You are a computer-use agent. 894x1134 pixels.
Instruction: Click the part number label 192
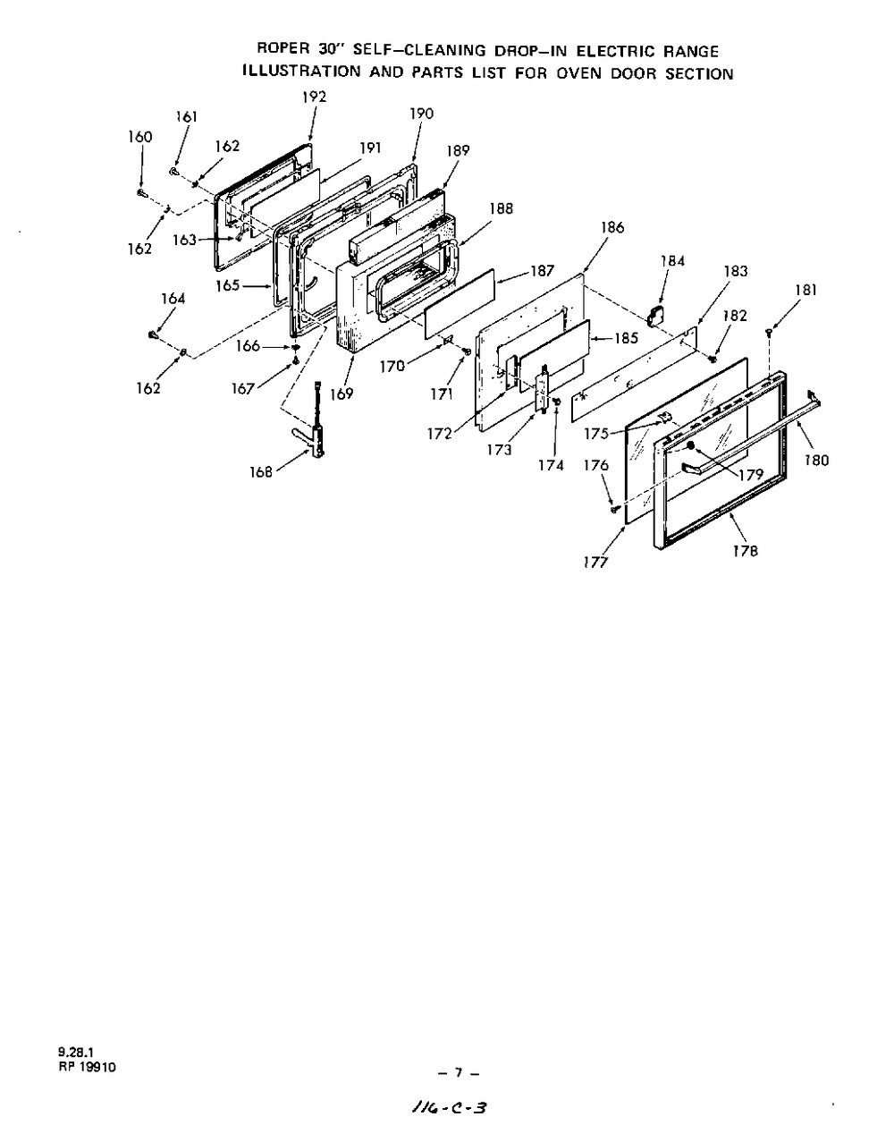pos(314,97)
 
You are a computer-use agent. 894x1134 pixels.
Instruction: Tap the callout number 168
pos(260,472)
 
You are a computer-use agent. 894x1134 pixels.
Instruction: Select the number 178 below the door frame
pos(745,551)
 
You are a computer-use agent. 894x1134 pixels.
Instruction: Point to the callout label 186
pos(612,228)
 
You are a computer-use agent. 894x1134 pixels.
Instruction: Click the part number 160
pos(140,137)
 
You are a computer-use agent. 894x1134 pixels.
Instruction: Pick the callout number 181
pos(805,290)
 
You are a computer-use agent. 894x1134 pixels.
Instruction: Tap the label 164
pos(173,299)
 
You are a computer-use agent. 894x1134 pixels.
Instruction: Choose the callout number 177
pos(596,562)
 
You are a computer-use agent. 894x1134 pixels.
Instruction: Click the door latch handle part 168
pos(314,429)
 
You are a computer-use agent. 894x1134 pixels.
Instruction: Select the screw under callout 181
pos(769,333)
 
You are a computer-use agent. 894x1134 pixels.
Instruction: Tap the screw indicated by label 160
pos(141,191)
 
